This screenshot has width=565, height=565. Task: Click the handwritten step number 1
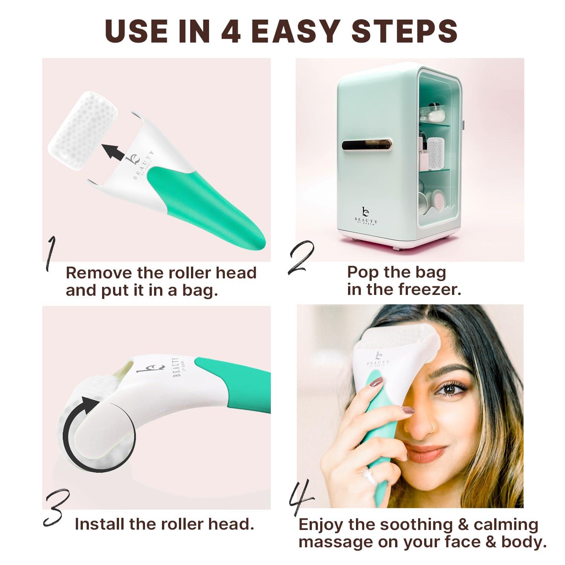point(50,254)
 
